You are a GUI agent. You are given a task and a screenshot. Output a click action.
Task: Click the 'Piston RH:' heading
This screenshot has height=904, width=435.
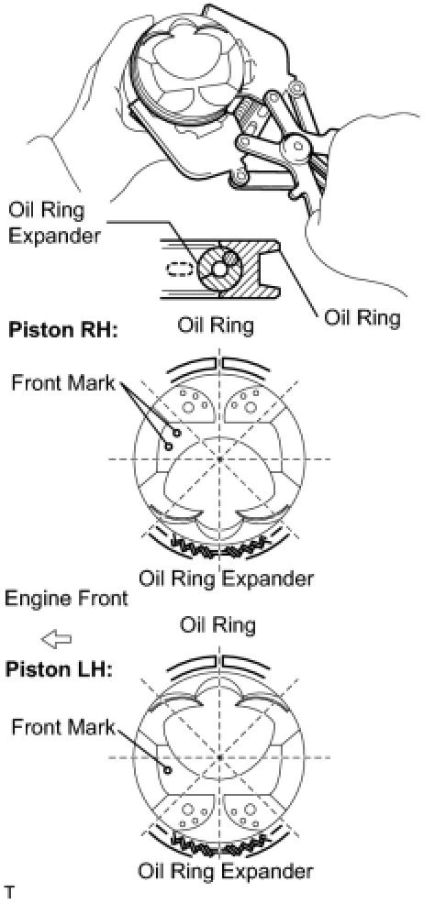61,332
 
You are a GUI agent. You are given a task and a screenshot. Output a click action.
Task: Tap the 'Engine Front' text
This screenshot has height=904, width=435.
66,598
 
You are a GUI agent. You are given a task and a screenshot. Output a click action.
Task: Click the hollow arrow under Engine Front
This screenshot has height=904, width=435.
57,638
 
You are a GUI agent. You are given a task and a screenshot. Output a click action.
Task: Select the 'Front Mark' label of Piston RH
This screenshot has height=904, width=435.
63,383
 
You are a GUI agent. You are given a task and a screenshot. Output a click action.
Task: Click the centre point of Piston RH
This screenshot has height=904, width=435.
220,459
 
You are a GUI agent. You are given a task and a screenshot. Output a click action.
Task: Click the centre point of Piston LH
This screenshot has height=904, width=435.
220,756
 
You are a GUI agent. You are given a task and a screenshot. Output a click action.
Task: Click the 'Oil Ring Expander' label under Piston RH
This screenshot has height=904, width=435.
226,577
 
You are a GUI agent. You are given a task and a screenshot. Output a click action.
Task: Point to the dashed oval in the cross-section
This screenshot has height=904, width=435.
178,270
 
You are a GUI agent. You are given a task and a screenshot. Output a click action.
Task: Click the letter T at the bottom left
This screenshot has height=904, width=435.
10,896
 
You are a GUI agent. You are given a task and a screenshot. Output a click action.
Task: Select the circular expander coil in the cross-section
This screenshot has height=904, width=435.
217,269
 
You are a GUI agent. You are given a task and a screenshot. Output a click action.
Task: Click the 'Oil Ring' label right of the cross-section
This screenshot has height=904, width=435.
362,318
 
